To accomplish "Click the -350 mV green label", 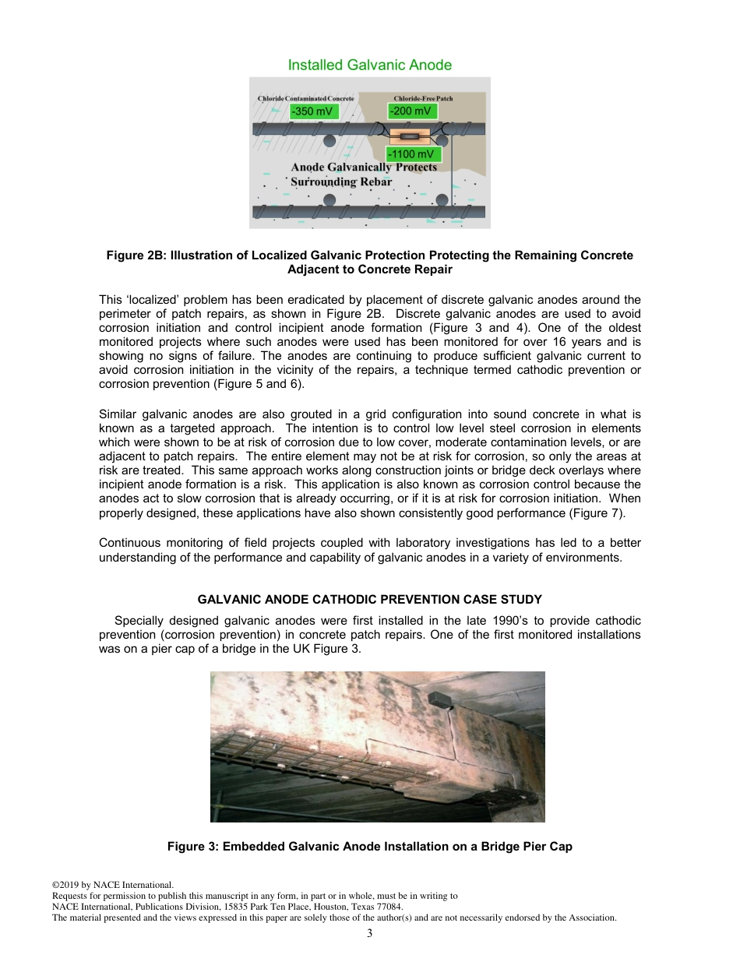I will pyautogui.click(x=314, y=111).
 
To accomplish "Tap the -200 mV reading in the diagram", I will pyautogui.click(x=412, y=111).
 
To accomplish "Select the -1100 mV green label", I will pyautogui.click(x=414, y=154).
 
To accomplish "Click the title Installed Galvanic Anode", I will pyautogui.click(x=369, y=65).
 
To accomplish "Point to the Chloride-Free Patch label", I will pyautogui.click(x=423, y=99).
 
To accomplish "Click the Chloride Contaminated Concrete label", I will pyautogui.click(x=305, y=99).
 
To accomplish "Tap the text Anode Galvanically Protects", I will pyautogui.click(x=364, y=167).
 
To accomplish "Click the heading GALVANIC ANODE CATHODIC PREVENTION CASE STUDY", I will pyautogui.click(x=369, y=600).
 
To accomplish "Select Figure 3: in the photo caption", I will pyautogui.click(x=192, y=847).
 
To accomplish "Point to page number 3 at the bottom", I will pyautogui.click(x=369, y=934).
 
